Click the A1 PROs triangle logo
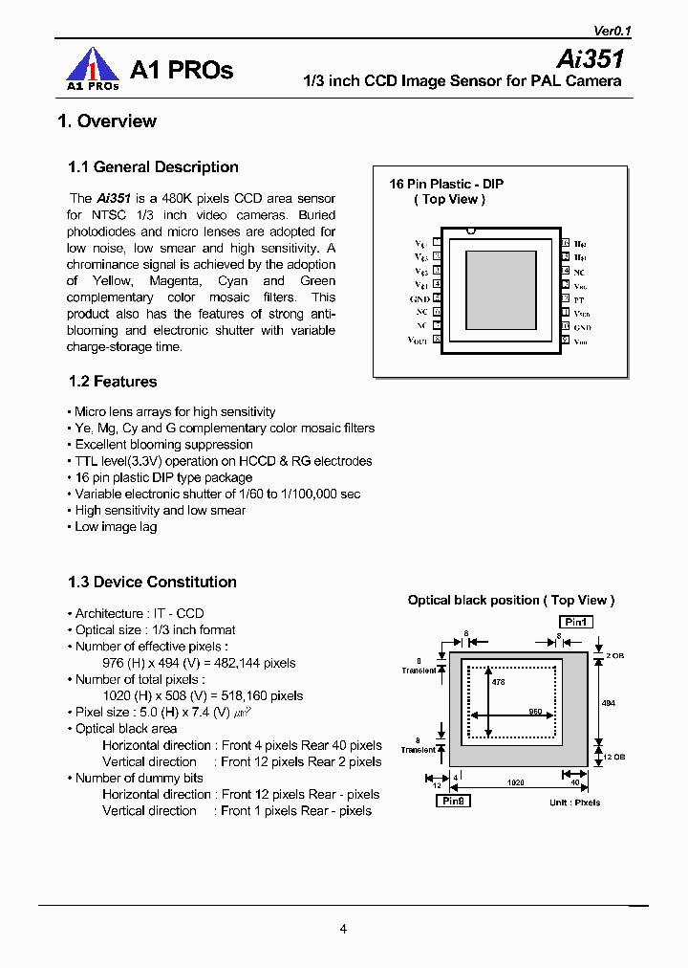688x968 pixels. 91,70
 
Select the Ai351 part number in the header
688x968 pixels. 591,58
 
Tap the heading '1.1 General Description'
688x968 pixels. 153,166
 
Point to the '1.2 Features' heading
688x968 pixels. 113,382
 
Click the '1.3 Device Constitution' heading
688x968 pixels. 152,582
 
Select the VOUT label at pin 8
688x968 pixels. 419,341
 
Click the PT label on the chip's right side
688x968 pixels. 579,299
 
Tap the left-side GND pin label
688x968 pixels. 419,299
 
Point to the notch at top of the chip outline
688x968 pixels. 470,231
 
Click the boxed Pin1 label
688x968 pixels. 576,622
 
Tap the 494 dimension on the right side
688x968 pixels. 609,702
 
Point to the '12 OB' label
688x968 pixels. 613,758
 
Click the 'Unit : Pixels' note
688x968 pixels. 575,803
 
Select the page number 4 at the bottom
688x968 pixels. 343,928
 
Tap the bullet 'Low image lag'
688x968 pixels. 116,527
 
